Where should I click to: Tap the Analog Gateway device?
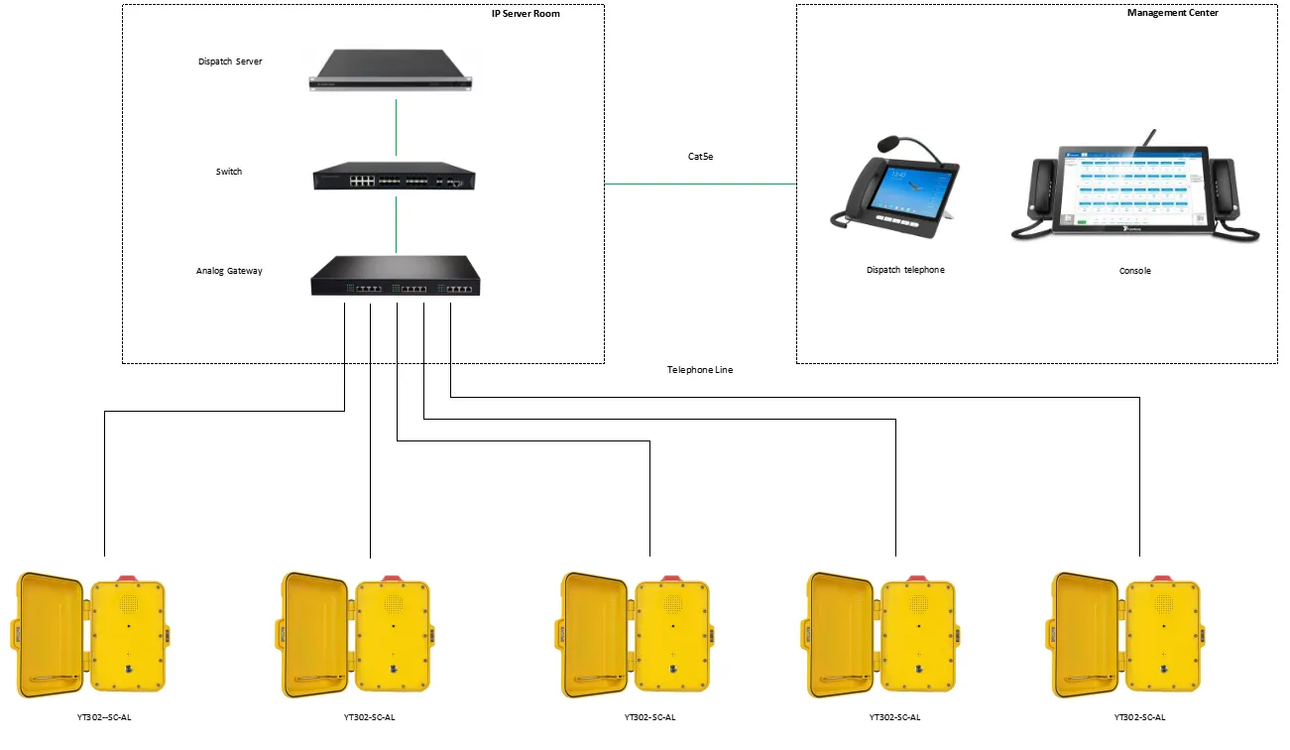click(x=395, y=277)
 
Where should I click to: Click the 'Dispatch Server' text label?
click(x=229, y=62)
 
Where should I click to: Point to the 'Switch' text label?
click(x=229, y=172)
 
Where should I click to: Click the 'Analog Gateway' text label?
click(x=229, y=271)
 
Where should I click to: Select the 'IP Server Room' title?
click(x=526, y=14)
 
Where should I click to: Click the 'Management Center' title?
click(x=1173, y=13)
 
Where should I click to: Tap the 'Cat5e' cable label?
click(x=700, y=156)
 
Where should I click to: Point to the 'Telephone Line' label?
click(x=700, y=370)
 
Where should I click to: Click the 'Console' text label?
click(x=1135, y=271)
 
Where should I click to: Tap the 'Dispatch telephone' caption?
click(x=905, y=270)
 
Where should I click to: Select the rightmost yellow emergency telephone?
click(x=1125, y=635)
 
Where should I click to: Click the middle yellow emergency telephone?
click(x=636, y=635)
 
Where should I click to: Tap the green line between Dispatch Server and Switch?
click(x=396, y=128)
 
